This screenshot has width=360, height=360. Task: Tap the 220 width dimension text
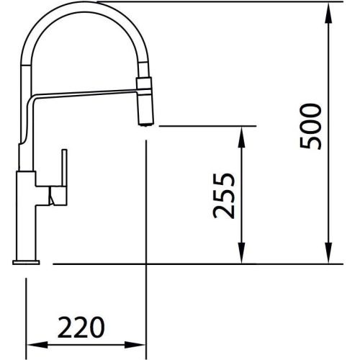coord(79,328)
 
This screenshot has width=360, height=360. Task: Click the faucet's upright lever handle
coord(63,173)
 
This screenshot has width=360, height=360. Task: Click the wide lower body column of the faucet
coord(29,212)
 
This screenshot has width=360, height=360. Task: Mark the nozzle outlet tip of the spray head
coord(146,122)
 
